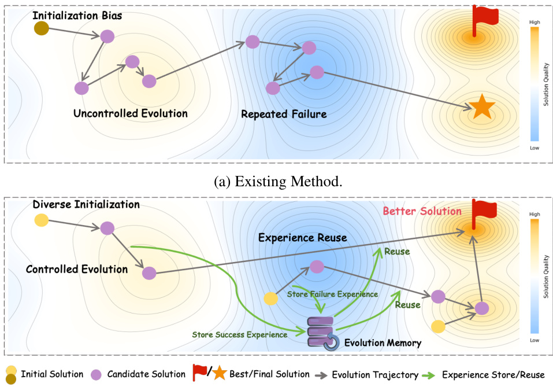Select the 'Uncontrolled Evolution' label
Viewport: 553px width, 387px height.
coord(131,113)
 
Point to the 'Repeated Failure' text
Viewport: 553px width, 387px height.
coord(284,114)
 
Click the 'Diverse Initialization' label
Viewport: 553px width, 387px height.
coord(86,204)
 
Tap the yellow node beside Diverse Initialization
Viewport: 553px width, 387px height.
coord(42,220)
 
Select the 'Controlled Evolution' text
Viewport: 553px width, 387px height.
coord(77,269)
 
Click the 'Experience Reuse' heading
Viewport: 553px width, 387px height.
coord(303,237)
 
